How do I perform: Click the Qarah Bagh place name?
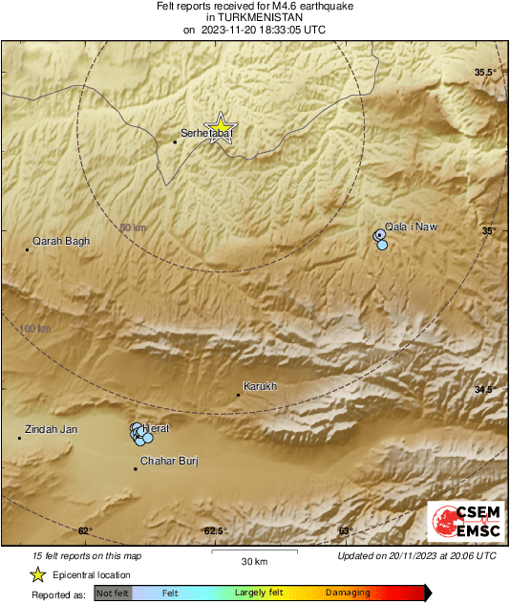pos(61,242)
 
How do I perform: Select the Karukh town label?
pos(261,386)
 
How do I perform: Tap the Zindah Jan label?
pos(52,429)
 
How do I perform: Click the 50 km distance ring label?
pos(133,227)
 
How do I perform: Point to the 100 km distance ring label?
pos(35,329)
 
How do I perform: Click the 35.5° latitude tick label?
pos(487,73)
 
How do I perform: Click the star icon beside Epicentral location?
pos(37,574)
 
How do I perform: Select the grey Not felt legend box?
pos(113,593)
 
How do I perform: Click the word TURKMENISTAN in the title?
pos(254,17)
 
